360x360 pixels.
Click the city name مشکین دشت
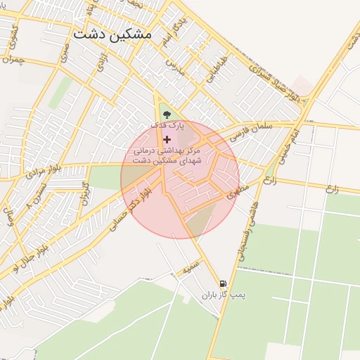coord(116,33)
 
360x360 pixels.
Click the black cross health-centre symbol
coord(166,140)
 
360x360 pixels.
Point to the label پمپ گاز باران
coord(224,296)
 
